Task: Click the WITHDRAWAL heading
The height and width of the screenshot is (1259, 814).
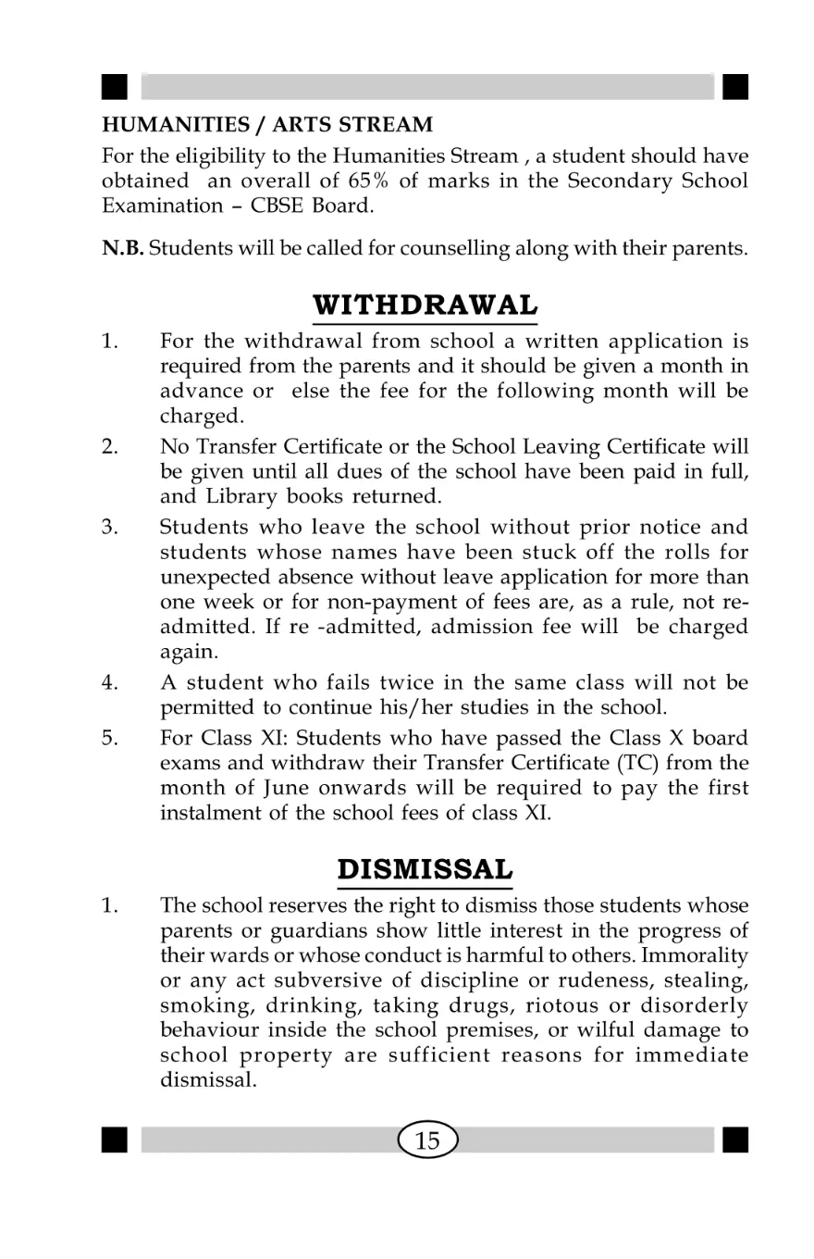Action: click(425, 305)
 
